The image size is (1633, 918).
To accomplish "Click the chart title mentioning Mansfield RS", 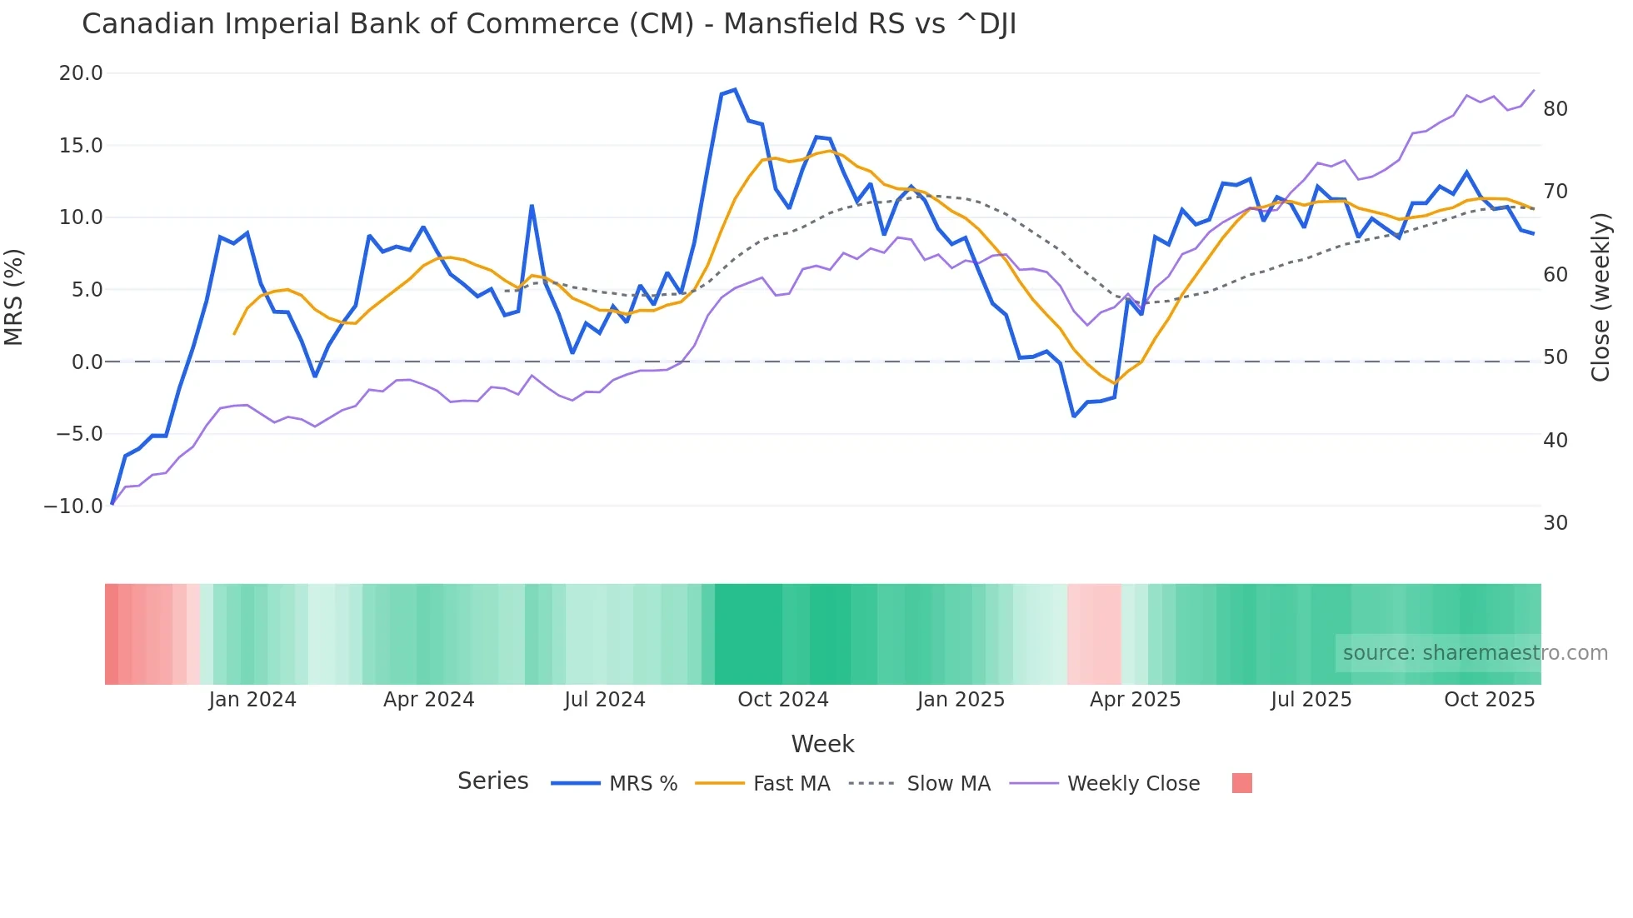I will coord(548,24).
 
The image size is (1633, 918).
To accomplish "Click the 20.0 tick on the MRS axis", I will coord(81,73).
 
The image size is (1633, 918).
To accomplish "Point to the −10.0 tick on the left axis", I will coord(73,506).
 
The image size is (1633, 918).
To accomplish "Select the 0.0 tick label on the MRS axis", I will coord(87,362).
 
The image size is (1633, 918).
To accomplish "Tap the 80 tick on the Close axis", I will coord(1556,109).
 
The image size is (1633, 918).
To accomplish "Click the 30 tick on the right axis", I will coord(1556,523).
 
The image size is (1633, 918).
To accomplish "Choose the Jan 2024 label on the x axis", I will coord(252,700).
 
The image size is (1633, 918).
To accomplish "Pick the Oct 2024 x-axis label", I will coord(783,700).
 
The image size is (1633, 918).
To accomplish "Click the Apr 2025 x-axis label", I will coord(1135,700).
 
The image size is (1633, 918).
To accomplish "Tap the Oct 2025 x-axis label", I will coord(1489,700).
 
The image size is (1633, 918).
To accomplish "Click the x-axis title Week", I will coord(822,744).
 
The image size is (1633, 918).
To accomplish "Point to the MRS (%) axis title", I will coord(14,297).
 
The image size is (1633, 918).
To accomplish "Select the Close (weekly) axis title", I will coord(1601,297).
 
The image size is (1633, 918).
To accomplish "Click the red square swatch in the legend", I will coord(1241,783).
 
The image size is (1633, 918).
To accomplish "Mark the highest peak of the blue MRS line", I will coord(734,90).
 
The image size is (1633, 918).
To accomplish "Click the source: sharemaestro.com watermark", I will coord(1475,653).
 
